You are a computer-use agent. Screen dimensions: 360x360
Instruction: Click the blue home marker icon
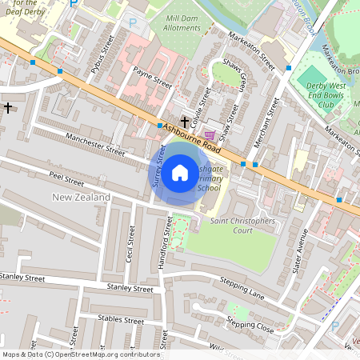coord(180,172)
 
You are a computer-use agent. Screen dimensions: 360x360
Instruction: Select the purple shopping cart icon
coord(210,134)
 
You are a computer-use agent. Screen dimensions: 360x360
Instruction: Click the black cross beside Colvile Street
coord(185,122)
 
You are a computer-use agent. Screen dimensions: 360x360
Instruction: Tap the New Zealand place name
coord(81,197)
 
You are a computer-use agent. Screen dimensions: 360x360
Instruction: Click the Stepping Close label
coord(250,324)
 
